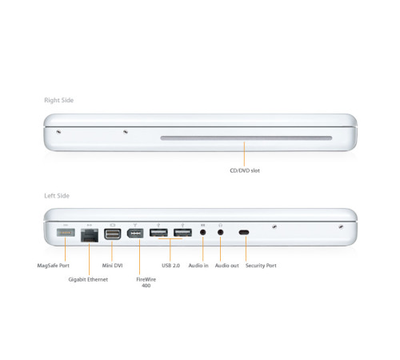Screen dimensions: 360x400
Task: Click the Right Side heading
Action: click(59, 100)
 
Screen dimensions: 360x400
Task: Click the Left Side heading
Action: click(58, 196)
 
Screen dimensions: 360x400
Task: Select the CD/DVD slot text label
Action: click(244, 170)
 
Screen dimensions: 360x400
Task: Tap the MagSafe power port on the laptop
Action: click(66, 234)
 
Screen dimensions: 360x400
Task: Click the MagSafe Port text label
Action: click(54, 265)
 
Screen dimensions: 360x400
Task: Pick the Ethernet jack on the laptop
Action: click(88, 234)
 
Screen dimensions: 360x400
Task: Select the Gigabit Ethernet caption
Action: click(88, 279)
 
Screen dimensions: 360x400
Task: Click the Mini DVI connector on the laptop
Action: click(112, 234)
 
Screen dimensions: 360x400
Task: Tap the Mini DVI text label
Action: click(113, 265)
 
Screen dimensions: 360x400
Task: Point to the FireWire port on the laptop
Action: click(135, 234)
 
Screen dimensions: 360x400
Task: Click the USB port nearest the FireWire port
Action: click(158, 234)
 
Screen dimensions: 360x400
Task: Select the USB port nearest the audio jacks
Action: click(182, 234)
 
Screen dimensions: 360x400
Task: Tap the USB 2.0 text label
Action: click(170, 265)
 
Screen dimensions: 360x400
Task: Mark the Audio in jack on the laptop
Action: click(204, 234)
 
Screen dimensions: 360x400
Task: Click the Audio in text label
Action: click(198, 265)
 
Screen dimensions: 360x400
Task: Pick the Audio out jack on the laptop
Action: click(220, 234)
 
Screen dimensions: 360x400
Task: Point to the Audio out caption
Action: click(226, 265)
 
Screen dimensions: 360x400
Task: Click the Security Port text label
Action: click(262, 265)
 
